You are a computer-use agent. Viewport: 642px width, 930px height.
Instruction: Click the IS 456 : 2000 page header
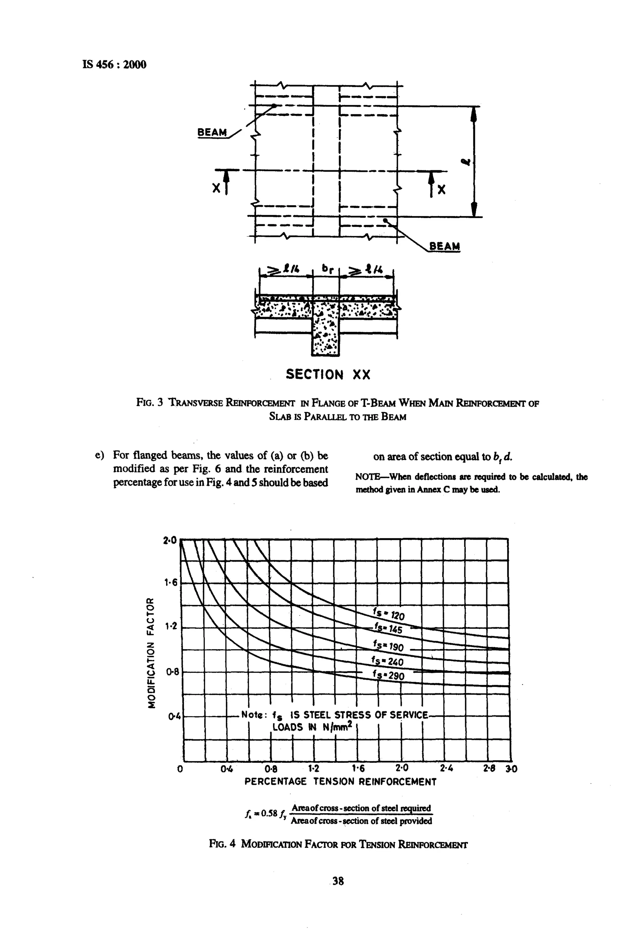114,64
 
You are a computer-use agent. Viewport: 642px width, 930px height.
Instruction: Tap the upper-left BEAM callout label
212,132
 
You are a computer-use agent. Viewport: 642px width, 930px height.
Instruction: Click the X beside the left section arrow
216,188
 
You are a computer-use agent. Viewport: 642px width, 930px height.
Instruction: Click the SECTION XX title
328,375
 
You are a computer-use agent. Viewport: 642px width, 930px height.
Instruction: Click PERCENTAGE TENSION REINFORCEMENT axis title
340,782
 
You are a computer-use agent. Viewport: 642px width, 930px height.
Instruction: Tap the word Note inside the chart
253,715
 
